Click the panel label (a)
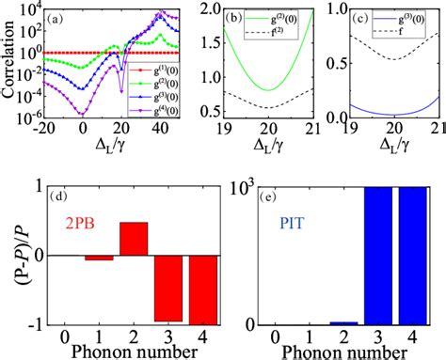point(56,18)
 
